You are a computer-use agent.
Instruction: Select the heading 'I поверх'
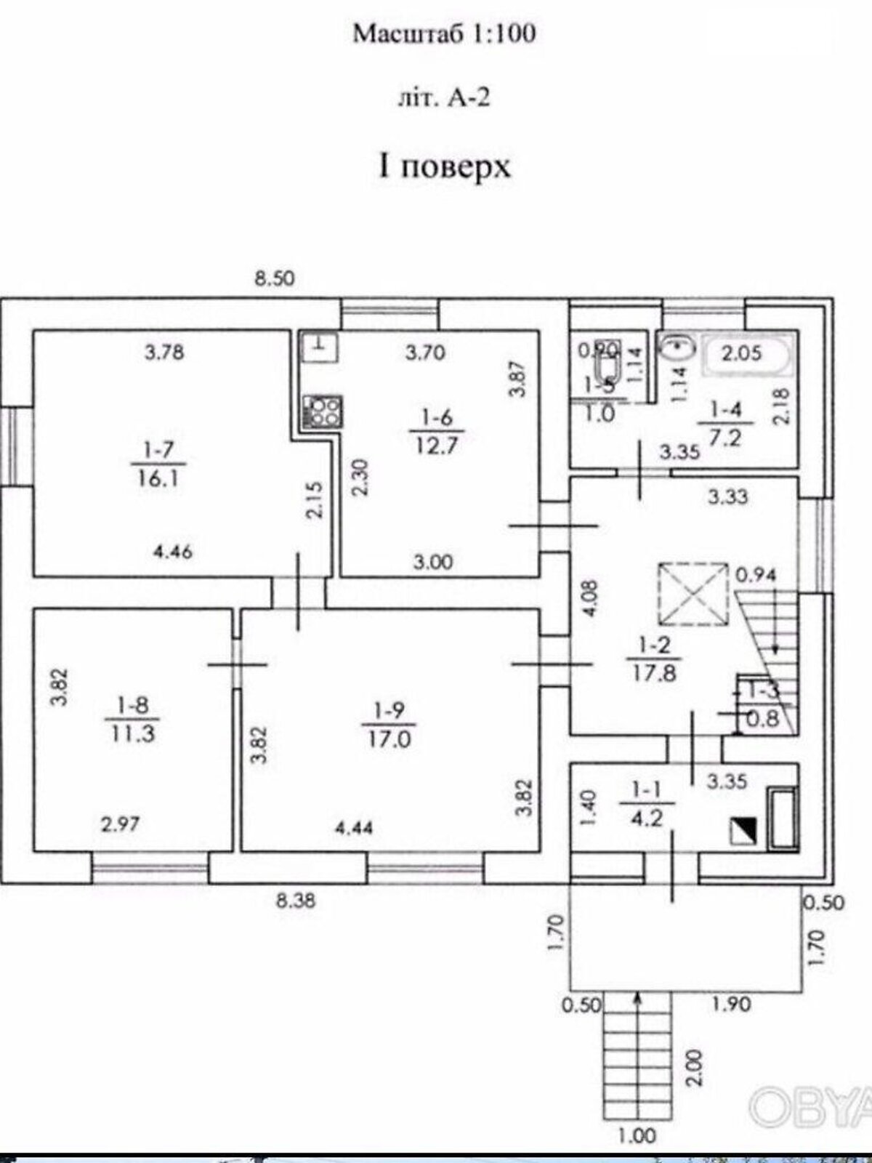[444, 166]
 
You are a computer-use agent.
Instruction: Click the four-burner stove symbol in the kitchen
[320, 409]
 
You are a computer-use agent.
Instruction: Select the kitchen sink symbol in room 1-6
[318, 347]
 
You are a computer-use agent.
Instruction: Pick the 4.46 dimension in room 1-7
[172, 552]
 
